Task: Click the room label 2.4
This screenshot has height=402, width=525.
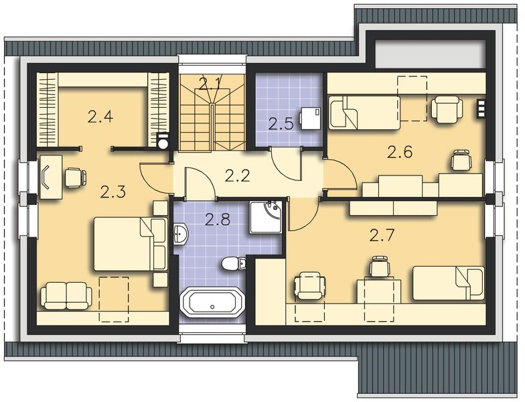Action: tap(100, 117)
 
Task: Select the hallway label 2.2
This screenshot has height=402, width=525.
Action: tap(236, 176)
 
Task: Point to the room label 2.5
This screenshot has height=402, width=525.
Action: tap(281, 123)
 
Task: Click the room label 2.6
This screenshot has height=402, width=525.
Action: tap(400, 152)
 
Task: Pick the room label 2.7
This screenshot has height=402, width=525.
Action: tap(382, 235)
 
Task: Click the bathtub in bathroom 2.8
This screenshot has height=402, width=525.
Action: tap(212, 302)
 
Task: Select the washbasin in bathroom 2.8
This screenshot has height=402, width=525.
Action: tap(181, 234)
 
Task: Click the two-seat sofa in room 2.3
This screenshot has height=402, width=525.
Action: tap(66, 295)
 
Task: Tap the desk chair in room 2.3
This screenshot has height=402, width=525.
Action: tap(74, 177)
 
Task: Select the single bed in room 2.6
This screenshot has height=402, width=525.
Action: tap(362, 111)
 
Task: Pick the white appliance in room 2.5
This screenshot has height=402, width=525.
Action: tap(309, 117)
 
